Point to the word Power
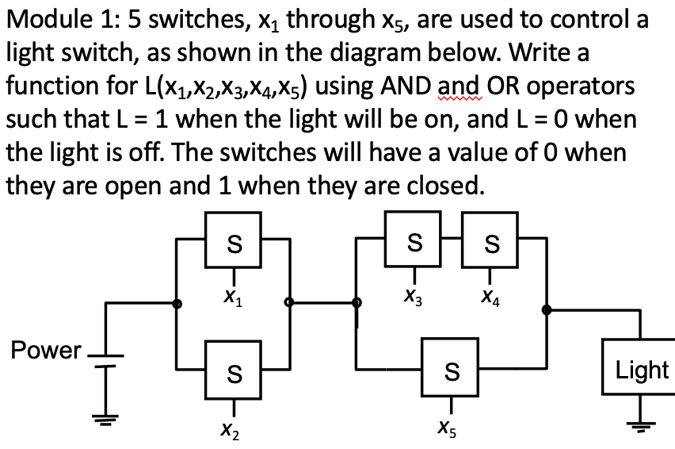click(45, 351)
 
